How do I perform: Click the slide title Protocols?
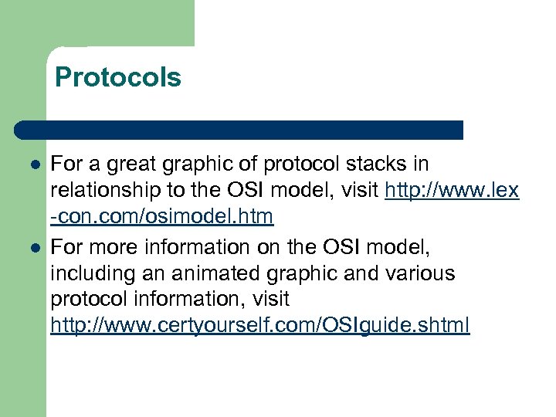(118, 77)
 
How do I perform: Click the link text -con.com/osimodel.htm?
(161, 218)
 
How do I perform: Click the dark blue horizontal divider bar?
(239, 129)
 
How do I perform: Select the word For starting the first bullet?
(65, 164)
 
